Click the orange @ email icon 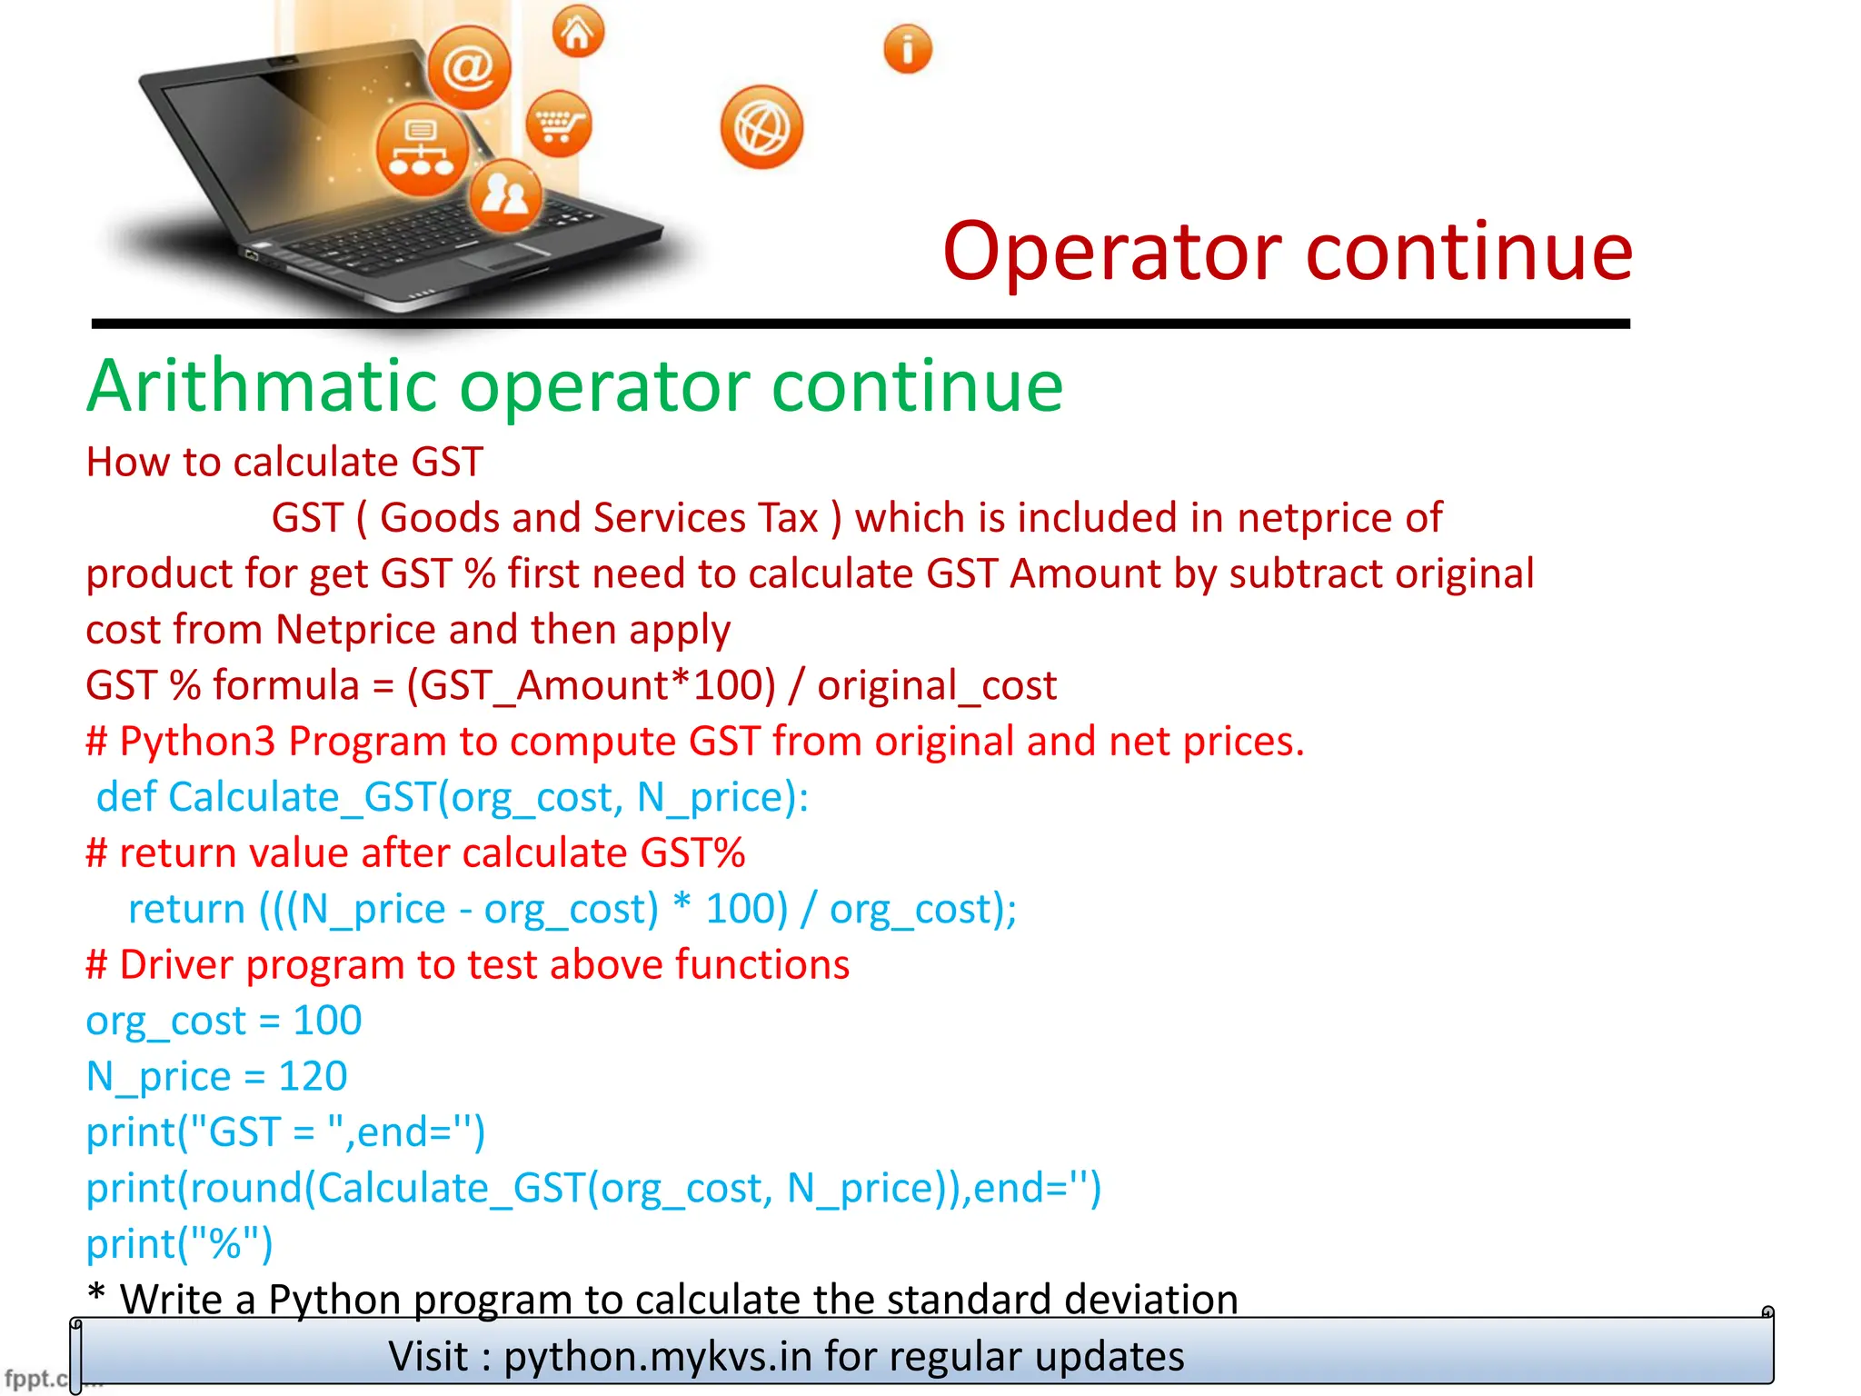pos(469,67)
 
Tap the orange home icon pos(578,33)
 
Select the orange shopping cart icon pos(558,124)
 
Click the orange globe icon pos(761,128)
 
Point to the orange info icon pos(908,49)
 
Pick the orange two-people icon pos(505,194)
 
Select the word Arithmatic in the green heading pos(263,386)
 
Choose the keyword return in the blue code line pos(187,909)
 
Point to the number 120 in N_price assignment pos(313,1077)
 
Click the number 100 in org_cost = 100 pos(327,1021)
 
